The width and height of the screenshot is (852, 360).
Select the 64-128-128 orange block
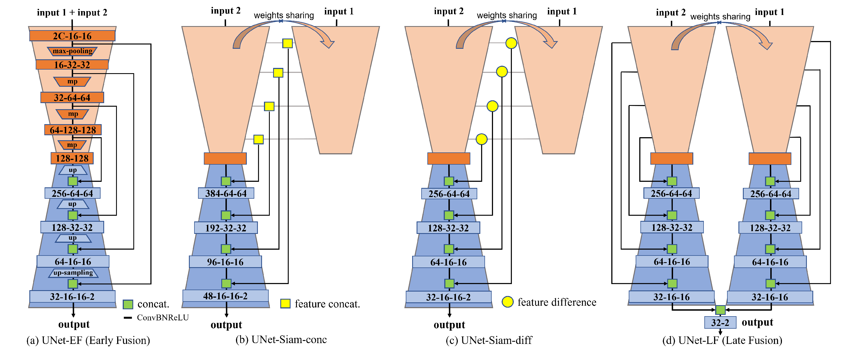point(73,130)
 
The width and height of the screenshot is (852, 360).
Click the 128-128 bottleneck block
point(72,158)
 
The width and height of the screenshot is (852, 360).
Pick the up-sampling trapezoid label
point(73,273)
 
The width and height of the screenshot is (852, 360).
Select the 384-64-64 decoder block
point(226,193)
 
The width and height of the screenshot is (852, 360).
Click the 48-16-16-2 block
point(225,296)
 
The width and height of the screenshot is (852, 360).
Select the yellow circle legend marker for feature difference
point(507,302)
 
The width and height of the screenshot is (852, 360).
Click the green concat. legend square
point(128,304)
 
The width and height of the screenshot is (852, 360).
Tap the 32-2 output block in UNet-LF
point(720,322)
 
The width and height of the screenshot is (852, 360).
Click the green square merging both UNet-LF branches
point(720,310)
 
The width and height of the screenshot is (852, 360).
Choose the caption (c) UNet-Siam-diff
point(489,340)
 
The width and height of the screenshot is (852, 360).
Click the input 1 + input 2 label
point(72,12)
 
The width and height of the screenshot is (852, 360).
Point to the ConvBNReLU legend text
point(163,318)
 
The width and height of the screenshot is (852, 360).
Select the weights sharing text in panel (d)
point(720,17)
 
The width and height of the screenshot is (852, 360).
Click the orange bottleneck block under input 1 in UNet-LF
point(770,159)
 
